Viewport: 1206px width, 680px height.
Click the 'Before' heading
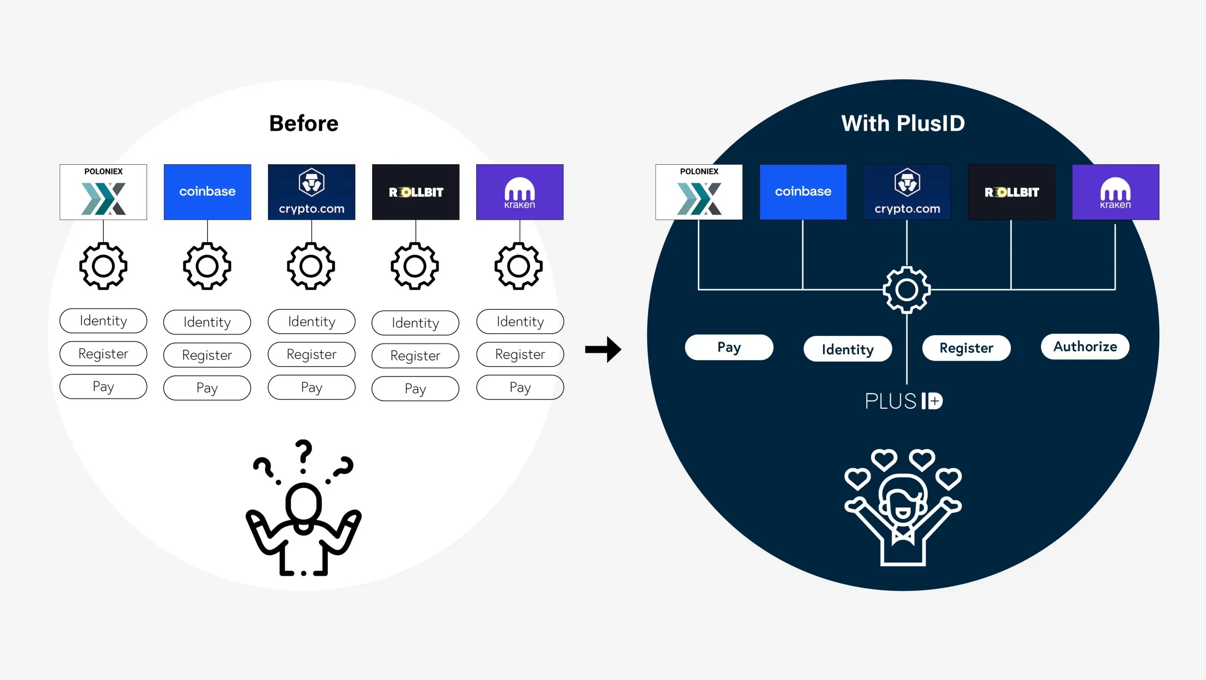pyautogui.click(x=303, y=123)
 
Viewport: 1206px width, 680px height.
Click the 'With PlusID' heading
pyautogui.click(x=903, y=123)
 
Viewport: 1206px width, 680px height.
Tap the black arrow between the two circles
pyautogui.click(x=603, y=349)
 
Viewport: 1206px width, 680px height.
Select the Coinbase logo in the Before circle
pyautogui.click(x=207, y=192)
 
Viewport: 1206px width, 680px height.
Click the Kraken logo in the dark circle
pyautogui.click(x=1115, y=192)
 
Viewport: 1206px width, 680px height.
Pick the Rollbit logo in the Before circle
pyautogui.click(x=416, y=192)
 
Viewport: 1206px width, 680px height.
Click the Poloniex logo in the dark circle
pyautogui.click(x=699, y=192)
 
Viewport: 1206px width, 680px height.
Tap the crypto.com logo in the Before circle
pyautogui.click(x=311, y=192)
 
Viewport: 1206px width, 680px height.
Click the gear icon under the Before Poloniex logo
pyautogui.click(x=103, y=266)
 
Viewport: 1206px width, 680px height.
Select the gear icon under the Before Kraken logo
pyautogui.click(x=519, y=266)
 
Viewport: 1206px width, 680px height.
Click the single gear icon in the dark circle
pyautogui.click(x=906, y=290)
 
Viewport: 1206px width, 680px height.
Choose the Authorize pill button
pyautogui.click(x=1084, y=347)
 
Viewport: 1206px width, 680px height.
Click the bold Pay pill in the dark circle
pyautogui.click(x=729, y=347)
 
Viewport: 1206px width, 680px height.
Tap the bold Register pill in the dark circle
pyautogui.click(x=966, y=348)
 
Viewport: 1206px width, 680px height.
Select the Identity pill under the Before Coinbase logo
pyautogui.click(x=207, y=322)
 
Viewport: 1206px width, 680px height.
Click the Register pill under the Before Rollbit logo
pyautogui.click(x=415, y=356)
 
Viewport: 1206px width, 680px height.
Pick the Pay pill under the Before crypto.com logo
pyautogui.click(x=311, y=387)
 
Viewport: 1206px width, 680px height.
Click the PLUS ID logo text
pyautogui.click(x=904, y=401)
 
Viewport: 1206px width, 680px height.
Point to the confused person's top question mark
pyautogui.click(x=304, y=454)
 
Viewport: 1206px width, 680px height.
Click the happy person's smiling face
pyautogui.click(x=902, y=504)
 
